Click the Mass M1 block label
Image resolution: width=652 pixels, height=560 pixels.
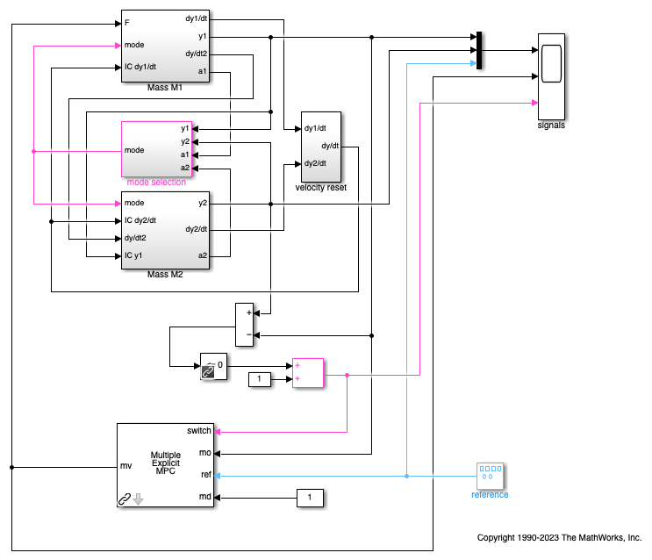coord(165,88)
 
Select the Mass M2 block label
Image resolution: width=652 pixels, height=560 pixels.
coord(165,275)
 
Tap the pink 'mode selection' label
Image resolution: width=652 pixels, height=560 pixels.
coord(156,182)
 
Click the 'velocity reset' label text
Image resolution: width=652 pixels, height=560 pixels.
coord(321,188)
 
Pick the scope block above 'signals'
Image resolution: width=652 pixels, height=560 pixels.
coord(551,75)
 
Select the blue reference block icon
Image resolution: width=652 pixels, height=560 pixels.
coord(490,476)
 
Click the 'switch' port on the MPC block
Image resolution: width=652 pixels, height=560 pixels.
coord(199,431)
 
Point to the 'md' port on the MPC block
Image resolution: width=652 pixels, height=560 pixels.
coord(204,498)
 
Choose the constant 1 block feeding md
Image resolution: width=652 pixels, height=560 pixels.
coord(309,498)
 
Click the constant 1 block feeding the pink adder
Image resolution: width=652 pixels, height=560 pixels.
coord(261,379)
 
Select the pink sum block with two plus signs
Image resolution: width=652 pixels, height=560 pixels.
coord(309,372)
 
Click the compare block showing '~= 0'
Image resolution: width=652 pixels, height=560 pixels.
coord(213,366)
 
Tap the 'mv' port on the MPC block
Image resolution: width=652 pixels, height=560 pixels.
coord(125,466)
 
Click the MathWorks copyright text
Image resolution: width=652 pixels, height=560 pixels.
coord(559,537)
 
